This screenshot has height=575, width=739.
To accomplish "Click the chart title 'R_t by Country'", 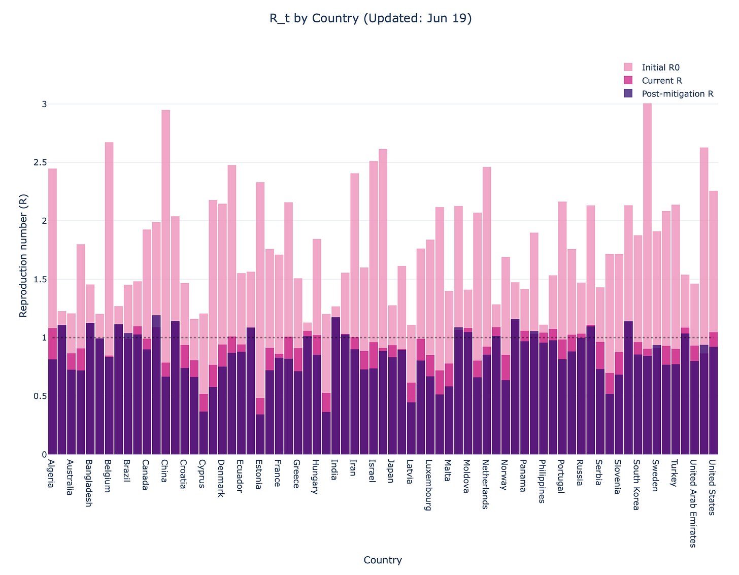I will (371, 19).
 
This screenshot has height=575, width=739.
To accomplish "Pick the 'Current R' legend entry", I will (662, 81).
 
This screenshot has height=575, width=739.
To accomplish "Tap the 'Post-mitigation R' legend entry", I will (678, 94).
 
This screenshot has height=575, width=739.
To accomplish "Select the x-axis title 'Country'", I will (383, 560).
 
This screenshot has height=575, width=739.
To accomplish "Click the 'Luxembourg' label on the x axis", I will (428, 485).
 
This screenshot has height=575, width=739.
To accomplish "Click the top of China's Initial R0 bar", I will (166, 111).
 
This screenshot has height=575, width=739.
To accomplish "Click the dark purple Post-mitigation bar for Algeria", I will (52, 406).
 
